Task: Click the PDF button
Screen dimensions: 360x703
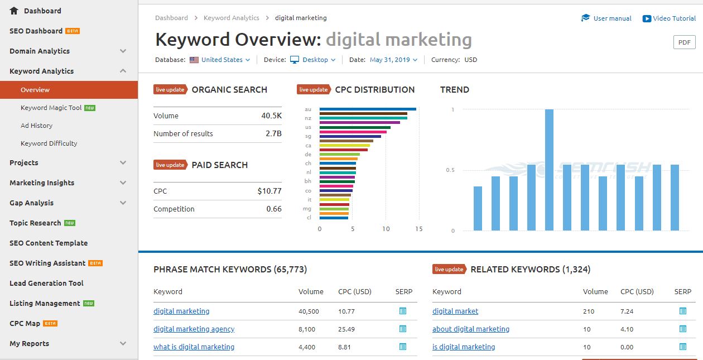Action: click(x=685, y=42)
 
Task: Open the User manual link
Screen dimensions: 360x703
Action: click(x=611, y=18)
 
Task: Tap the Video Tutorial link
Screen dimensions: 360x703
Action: click(x=674, y=18)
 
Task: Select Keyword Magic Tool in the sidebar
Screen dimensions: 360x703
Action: click(x=51, y=108)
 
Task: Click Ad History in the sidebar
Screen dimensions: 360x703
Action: click(x=37, y=126)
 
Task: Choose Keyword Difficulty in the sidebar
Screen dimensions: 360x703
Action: click(x=49, y=143)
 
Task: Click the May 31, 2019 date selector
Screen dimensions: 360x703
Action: click(x=393, y=60)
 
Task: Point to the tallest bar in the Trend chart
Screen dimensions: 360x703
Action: click(x=549, y=170)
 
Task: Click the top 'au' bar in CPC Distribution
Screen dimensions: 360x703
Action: click(x=368, y=109)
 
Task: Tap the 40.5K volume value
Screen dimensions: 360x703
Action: click(x=271, y=116)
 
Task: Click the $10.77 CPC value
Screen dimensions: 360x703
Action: click(x=269, y=191)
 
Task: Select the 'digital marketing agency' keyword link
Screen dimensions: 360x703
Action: click(x=194, y=329)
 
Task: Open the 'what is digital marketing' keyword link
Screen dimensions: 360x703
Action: click(x=194, y=347)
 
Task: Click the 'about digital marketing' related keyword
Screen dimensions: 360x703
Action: click(x=471, y=329)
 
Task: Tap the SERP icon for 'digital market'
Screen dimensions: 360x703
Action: click(x=682, y=311)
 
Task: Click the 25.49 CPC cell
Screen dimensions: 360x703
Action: click(x=346, y=329)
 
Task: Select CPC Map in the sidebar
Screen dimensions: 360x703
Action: click(x=25, y=324)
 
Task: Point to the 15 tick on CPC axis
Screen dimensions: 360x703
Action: click(x=419, y=229)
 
